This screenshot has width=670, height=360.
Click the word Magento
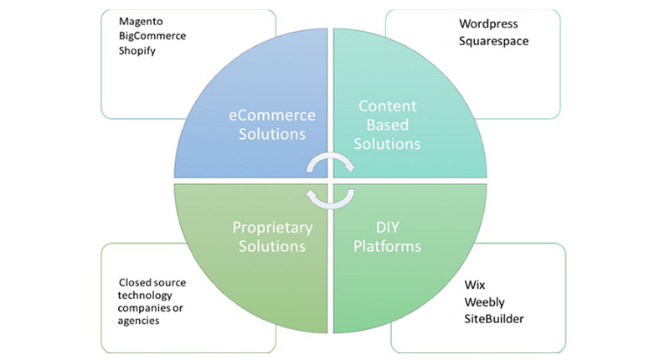click(x=141, y=20)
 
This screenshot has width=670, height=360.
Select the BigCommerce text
click(x=153, y=35)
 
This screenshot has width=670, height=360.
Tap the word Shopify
click(x=138, y=50)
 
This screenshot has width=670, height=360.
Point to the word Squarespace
click(x=494, y=39)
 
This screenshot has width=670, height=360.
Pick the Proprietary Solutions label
click(x=271, y=237)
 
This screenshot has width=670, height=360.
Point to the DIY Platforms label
click(x=386, y=237)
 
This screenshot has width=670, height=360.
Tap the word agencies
click(x=139, y=321)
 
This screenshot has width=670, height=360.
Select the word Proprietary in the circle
click(x=271, y=227)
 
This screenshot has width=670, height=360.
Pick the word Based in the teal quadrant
click(x=389, y=125)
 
